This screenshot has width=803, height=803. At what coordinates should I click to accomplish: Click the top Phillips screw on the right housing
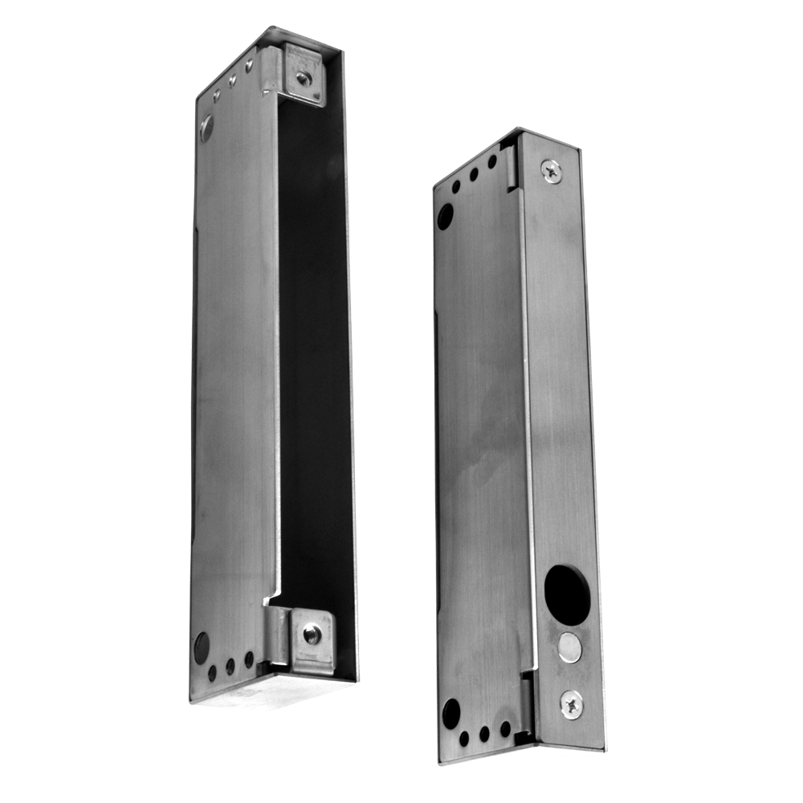551,169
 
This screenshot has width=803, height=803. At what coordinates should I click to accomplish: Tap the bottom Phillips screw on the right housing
572,703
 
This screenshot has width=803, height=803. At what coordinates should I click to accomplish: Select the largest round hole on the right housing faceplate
567,595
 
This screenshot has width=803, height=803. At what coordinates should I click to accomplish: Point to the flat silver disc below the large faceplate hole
569,647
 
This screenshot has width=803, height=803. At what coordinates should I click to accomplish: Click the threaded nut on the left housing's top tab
303,79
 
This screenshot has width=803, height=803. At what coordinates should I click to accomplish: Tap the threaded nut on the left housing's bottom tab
312,634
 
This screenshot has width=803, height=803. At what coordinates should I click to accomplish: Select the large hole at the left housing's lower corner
201,647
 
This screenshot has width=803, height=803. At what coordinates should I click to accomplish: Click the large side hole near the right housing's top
444,215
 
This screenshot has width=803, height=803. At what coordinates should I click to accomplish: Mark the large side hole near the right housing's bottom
451,712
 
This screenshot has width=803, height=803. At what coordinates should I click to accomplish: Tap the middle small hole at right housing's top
474,174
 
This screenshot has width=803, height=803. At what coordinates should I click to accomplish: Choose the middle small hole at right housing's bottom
484,733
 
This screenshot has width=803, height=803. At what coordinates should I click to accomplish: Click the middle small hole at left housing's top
232,80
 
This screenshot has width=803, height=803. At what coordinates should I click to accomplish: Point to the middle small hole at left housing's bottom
230,666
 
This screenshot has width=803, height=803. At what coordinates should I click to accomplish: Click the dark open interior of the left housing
313,361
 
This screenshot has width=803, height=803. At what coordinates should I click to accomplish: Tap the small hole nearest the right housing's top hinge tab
492,161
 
